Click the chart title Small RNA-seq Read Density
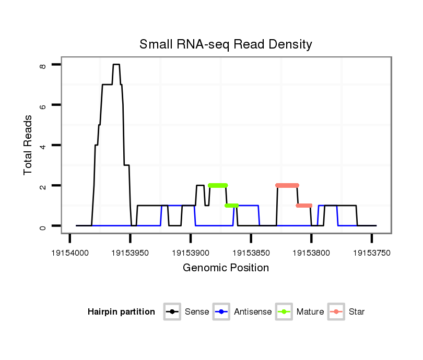pos(226,44)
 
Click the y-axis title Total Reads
pos(28,145)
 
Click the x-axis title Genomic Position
pos(226,268)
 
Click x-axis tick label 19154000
pos(70,253)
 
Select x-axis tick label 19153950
pos(131,253)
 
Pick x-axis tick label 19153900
pos(191,253)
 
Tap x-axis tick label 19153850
pos(251,253)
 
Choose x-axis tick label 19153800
pos(311,253)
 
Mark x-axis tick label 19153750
pos(372,253)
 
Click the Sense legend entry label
pos(197,312)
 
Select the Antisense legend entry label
pos(253,312)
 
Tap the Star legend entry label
pos(357,312)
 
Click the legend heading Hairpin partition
pos(121,312)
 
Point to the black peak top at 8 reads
pos(116,65)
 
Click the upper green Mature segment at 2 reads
pos(218,185)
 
